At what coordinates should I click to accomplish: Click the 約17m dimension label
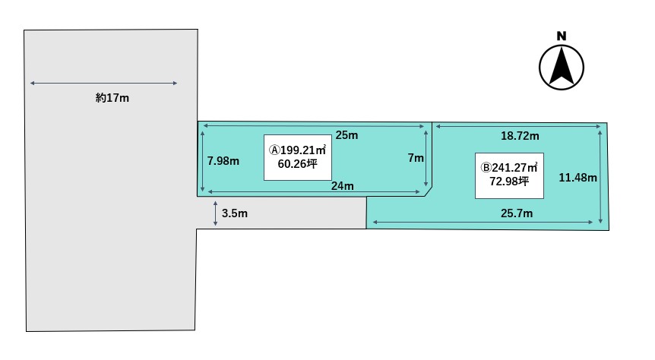click(112, 98)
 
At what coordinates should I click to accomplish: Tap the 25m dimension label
click(346, 135)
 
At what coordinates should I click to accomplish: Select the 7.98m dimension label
click(223, 161)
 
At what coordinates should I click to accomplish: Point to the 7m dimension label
click(416, 158)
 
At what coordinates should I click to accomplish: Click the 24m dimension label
click(343, 186)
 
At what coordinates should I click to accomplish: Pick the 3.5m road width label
click(234, 213)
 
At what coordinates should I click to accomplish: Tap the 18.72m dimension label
click(520, 136)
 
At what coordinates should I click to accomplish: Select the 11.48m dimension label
click(577, 178)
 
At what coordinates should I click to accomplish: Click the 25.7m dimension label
click(517, 213)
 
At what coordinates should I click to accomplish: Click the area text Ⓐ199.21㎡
click(297, 150)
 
